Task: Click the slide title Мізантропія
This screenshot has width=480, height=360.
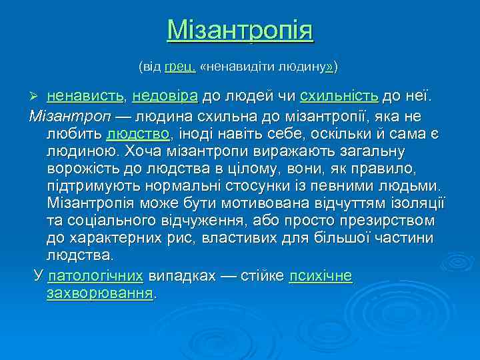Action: [240, 31]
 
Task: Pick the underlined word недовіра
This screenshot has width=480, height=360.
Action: [165, 97]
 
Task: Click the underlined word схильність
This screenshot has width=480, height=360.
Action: [339, 97]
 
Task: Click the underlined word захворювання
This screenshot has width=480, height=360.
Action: [100, 293]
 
